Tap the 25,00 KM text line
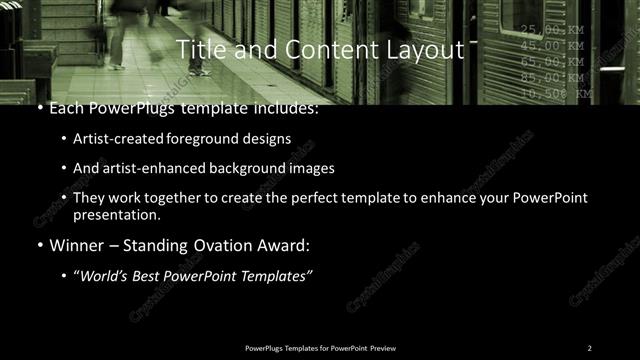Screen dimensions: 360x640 click(551, 30)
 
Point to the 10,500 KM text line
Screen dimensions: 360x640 click(555, 93)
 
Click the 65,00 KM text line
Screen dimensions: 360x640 click(551, 62)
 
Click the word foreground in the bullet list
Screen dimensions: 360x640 click(219, 139)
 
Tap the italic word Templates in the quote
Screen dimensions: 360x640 click(279, 275)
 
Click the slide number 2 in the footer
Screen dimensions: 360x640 click(590, 347)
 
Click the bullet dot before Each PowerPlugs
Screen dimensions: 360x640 click(39, 108)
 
